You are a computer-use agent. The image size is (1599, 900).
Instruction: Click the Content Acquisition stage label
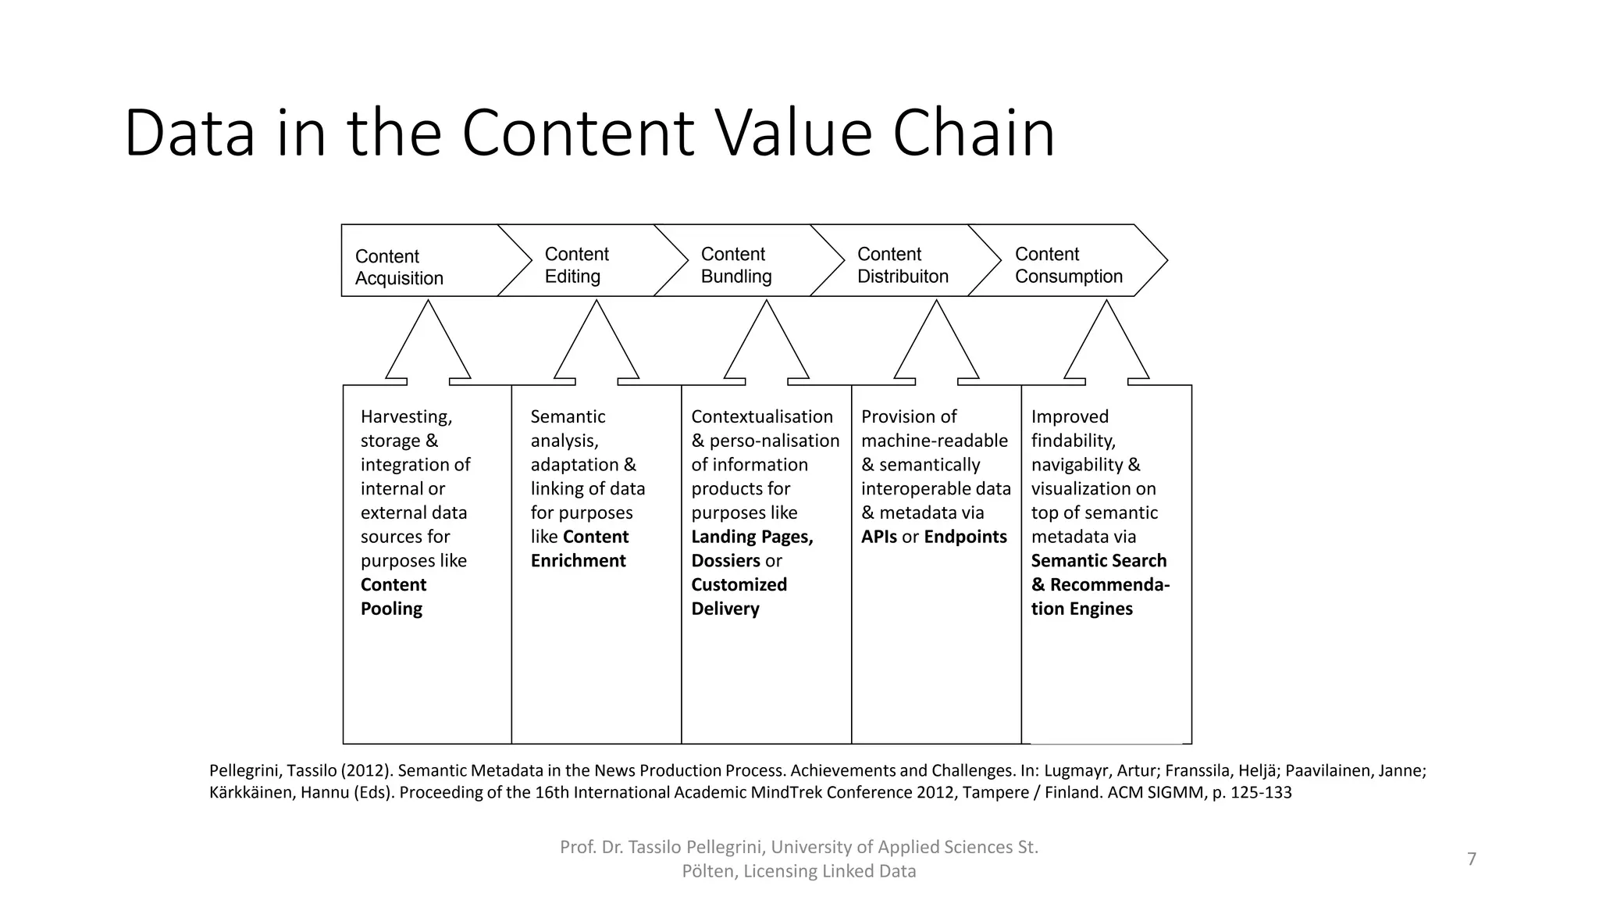point(399,267)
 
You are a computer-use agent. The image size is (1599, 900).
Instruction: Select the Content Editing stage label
point(576,265)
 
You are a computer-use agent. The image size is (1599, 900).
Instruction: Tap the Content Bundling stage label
point(735,265)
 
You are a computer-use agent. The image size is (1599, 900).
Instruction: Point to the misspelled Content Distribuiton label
point(903,265)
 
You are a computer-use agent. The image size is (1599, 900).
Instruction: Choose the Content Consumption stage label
point(1068,265)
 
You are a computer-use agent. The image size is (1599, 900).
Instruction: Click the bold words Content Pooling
point(393,596)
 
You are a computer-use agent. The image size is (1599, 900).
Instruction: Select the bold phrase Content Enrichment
point(579,548)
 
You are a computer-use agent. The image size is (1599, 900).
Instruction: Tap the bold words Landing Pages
point(752,537)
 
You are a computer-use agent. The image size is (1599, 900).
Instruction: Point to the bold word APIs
point(878,537)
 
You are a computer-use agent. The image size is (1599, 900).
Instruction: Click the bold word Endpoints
point(965,537)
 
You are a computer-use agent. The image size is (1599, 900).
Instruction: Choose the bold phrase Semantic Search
point(1099,561)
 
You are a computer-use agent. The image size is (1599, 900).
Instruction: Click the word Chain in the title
point(973,133)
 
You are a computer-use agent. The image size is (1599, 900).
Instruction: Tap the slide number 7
point(1472,859)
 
